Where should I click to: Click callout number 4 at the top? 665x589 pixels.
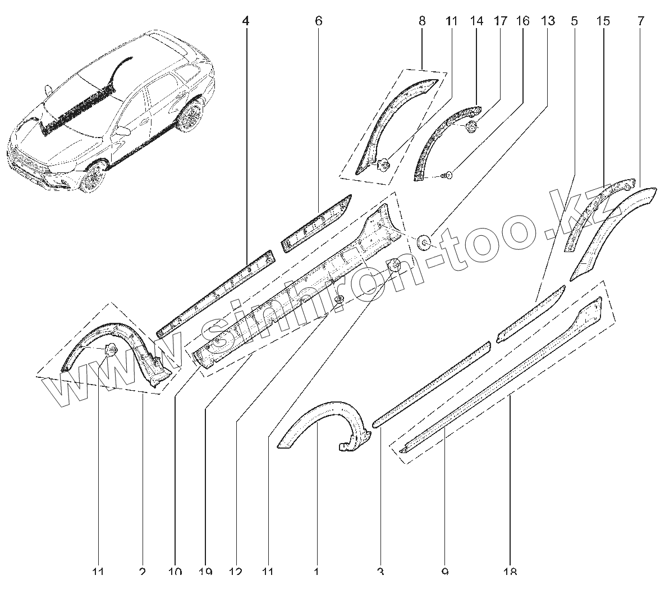245,21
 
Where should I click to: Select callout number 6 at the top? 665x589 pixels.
318,21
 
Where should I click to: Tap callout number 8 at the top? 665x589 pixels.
422,21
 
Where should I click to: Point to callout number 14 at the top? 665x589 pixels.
476,21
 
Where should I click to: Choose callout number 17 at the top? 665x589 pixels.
500,21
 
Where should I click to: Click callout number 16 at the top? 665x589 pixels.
522,21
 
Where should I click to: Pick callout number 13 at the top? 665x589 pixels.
548,21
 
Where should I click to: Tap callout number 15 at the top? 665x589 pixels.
603,21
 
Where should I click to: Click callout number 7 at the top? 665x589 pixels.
641,21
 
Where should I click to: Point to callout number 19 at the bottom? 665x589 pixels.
205,572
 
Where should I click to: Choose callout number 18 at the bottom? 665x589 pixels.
510,572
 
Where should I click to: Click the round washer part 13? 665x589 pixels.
424,243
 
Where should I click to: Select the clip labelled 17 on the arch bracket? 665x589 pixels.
471,127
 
